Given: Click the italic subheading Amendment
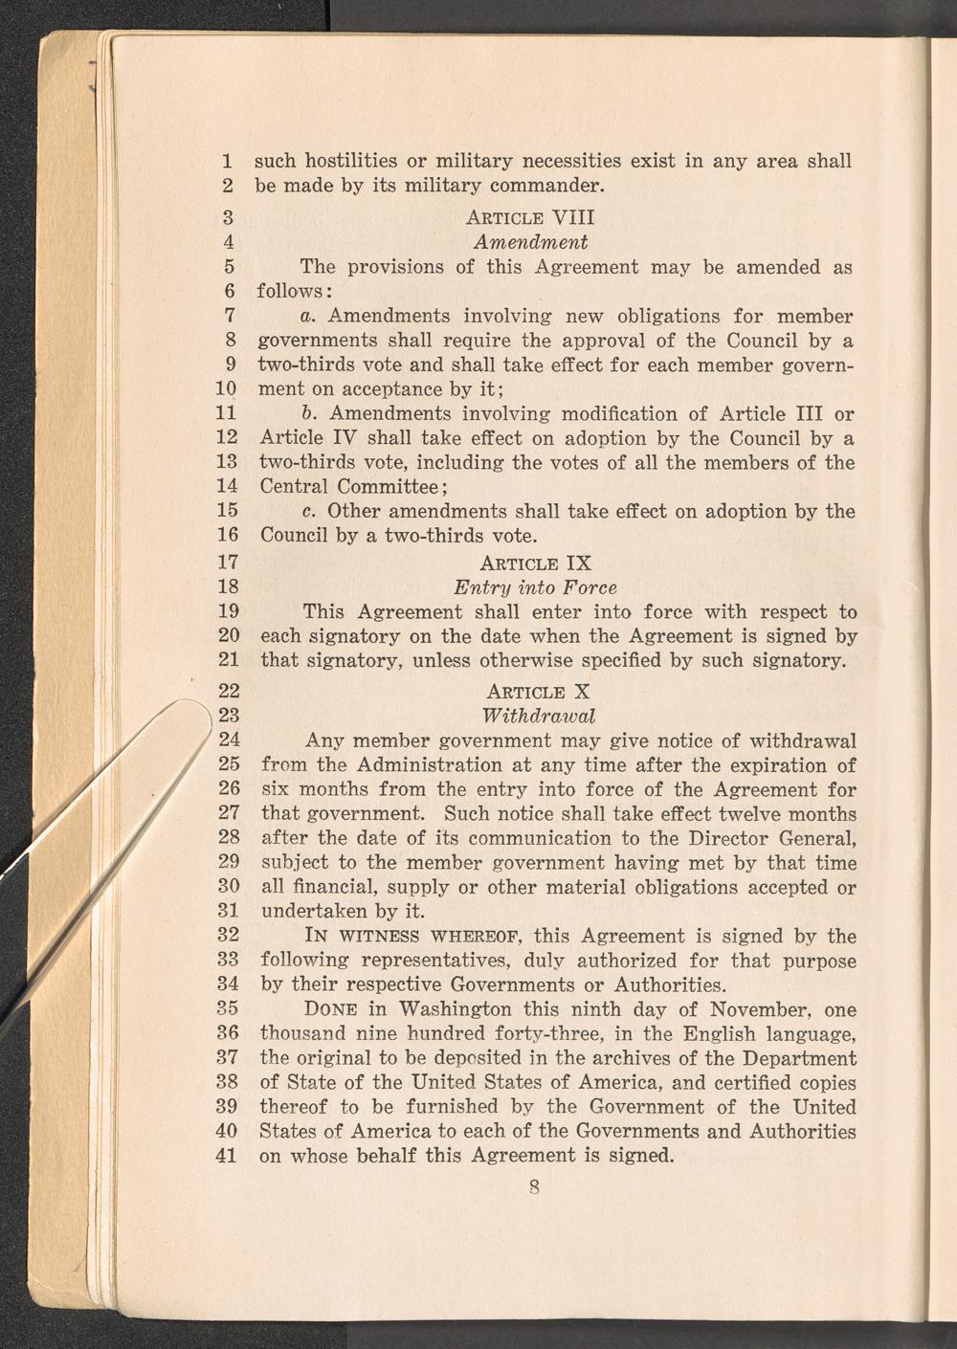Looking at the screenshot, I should pos(530,242).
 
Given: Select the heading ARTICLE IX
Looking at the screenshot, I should pos(536,563).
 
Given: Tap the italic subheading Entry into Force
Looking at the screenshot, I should pos(535,586).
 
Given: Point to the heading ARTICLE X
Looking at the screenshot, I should pos(538,691).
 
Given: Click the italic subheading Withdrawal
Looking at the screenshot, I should pos(539,716).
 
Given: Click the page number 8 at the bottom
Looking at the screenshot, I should pos(535,1188).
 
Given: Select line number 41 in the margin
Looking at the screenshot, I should pos(227,1156).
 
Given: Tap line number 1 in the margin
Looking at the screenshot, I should pos(227,161).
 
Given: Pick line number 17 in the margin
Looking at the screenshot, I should pos(227,562).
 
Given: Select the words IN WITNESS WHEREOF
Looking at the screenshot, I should pos(413,937).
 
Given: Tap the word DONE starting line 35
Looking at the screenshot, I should pos(330,1010).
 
